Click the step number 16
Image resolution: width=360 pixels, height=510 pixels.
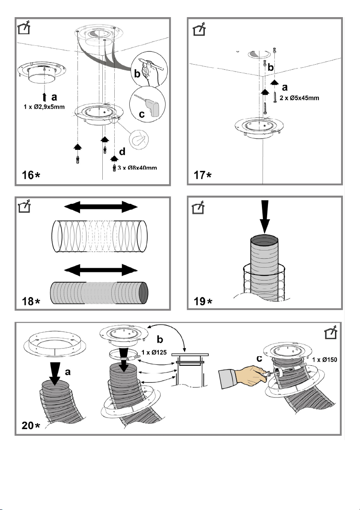pyautogui.click(x=28, y=175)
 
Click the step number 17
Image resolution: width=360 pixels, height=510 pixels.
pyautogui.click(x=199, y=175)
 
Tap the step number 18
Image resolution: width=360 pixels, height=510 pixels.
pyautogui.click(x=28, y=301)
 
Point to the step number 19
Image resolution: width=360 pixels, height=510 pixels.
pyautogui.click(x=199, y=301)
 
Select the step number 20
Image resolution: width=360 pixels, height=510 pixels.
pyautogui.click(x=28, y=425)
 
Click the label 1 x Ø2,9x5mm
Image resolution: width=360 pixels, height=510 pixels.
pyautogui.click(x=44, y=107)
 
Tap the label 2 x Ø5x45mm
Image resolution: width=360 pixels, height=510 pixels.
pyautogui.click(x=299, y=98)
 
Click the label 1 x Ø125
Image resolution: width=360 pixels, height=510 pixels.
pyautogui.click(x=154, y=352)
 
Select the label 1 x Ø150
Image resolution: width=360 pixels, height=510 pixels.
pyautogui.click(x=324, y=360)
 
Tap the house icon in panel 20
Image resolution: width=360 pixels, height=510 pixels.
pyautogui.click(x=331, y=332)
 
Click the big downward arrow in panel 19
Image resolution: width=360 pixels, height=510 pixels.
pyautogui.click(x=265, y=217)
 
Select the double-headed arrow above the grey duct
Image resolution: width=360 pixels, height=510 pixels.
pyautogui.click(x=101, y=270)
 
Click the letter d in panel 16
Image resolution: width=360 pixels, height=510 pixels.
pyautogui.click(x=122, y=152)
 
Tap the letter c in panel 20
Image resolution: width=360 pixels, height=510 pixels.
pyautogui.click(x=259, y=358)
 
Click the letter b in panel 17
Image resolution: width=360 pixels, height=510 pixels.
pyautogui.click(x=271, y=67)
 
